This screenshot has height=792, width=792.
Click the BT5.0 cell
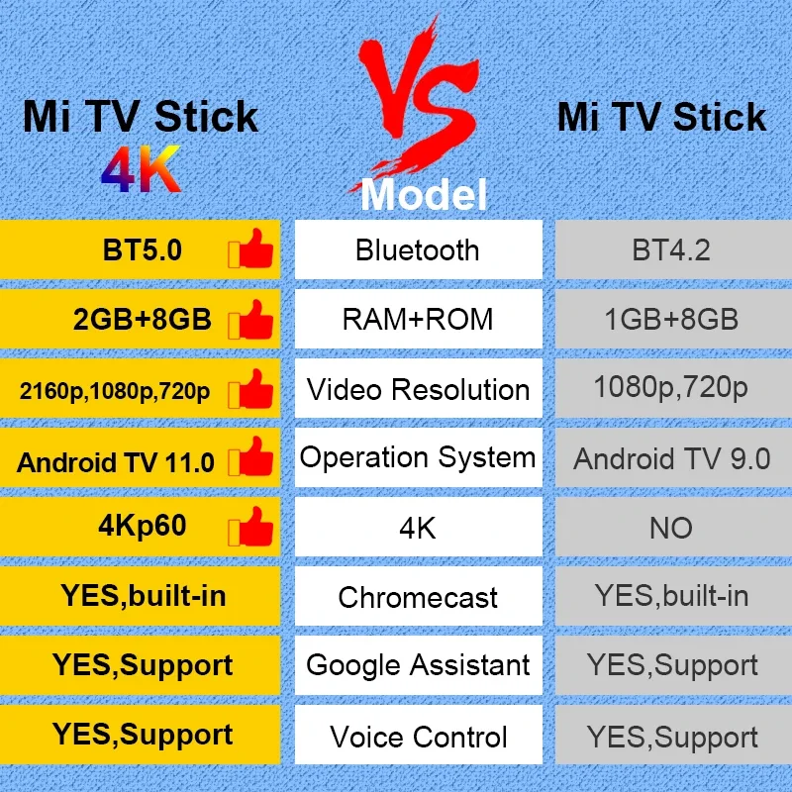point(143,249)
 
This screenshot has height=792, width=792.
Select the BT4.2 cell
point(671,249)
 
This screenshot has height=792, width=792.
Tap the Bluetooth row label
point(417,249)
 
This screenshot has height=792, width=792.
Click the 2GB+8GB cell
point(143,320)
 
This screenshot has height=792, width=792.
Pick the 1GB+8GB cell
point(671,320)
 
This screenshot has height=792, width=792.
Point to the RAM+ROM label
point(417,320)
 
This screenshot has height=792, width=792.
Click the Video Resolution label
point(417,389)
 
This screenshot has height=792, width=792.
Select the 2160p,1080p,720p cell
point(115,391)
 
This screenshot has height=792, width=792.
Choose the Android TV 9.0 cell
point(671,458)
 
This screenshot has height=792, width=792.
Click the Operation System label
point(417,457)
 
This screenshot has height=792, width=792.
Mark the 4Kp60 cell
point(143,526)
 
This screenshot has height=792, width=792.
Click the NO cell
point(671,528)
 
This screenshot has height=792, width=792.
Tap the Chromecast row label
point(417,597)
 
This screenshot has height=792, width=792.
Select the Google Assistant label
point(417,665)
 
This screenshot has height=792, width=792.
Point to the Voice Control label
point(417,737)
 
